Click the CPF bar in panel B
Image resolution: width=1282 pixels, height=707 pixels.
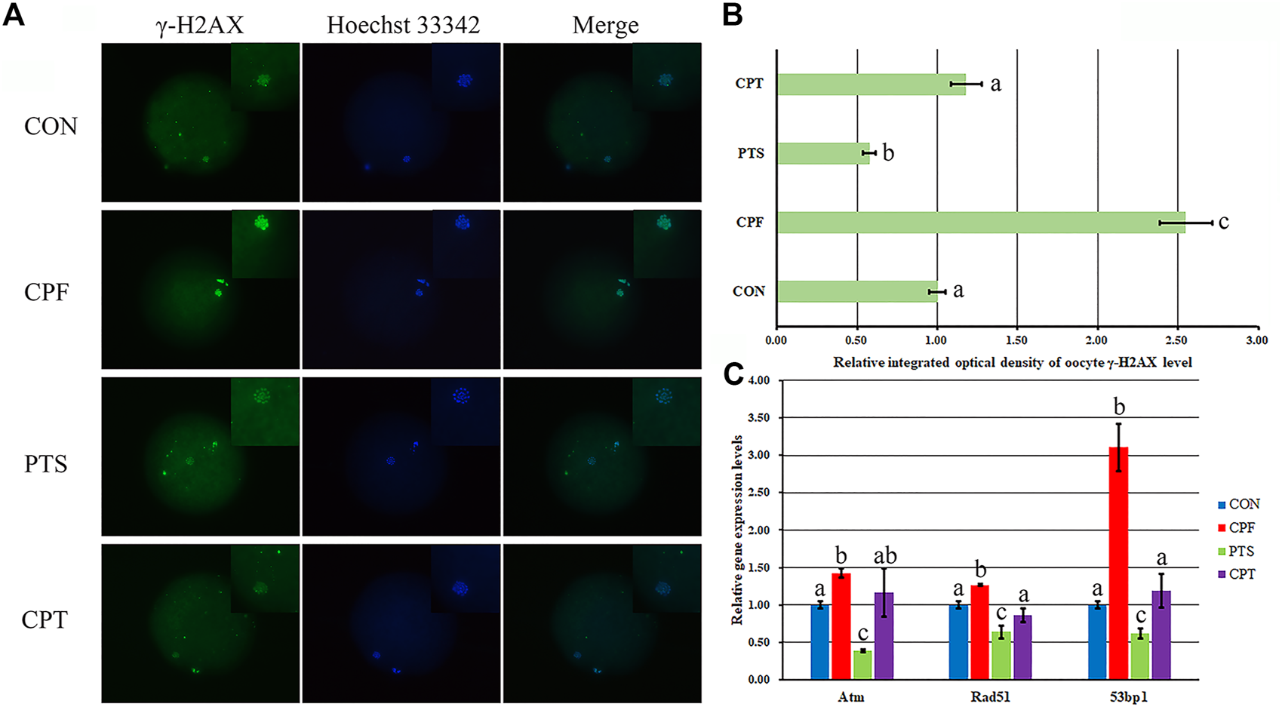981,223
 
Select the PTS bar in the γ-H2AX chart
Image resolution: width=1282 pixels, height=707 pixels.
823,153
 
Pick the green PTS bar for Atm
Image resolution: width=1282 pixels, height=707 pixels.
862,664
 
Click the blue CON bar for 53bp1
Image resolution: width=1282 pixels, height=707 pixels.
1097,641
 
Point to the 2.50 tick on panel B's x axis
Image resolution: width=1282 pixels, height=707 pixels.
1177,341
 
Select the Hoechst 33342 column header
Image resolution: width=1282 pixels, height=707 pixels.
403,25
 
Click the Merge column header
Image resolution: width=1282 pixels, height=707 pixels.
605,25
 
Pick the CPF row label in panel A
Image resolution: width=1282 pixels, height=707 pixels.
47,291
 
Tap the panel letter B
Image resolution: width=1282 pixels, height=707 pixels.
732,15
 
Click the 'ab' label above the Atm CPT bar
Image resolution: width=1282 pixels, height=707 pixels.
884,556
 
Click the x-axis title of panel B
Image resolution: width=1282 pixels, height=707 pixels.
1012,363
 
